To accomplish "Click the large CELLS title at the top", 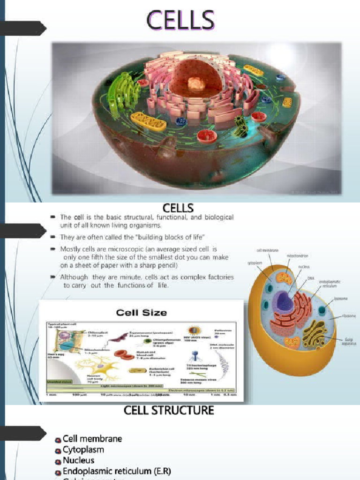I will click(x=180, y=21).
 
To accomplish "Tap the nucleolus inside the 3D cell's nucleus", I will click(x=196, y=84).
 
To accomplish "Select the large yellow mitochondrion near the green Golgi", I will click(x=148, y=121).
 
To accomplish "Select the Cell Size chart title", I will click(x=141, y=312).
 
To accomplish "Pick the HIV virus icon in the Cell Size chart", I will click(x=193, y=331).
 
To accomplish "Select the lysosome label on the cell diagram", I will click(x=341, y=299).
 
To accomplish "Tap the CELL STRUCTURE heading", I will click(x=169, y=411).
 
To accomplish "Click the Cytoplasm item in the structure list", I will click(x=83, y=450).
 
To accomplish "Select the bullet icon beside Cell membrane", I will click(x=58, y=440).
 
